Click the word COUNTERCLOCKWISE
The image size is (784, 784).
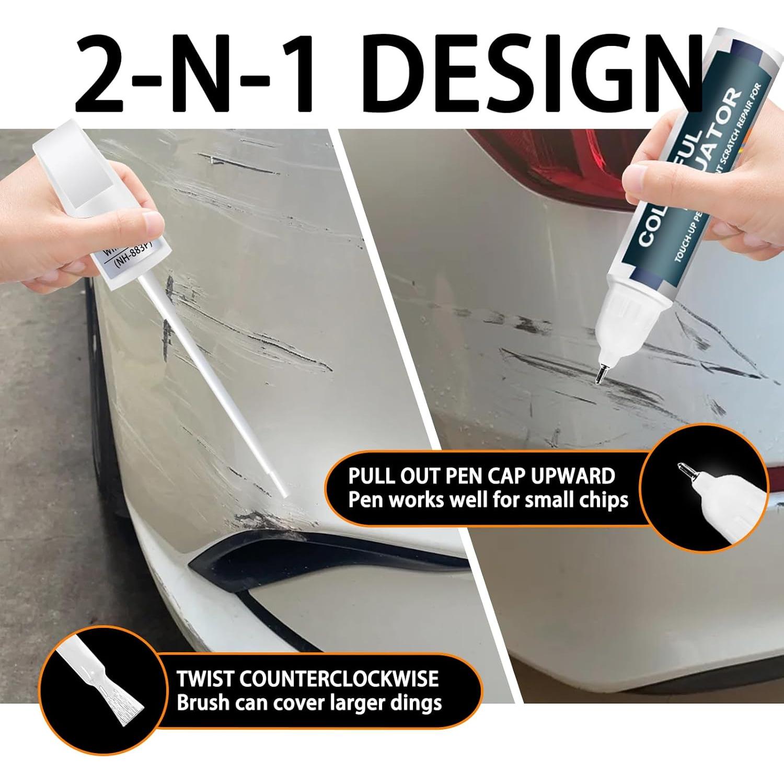coord(338,678)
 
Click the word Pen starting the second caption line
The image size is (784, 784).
coord(364,500)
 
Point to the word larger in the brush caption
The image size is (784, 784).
coord(353,703)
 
